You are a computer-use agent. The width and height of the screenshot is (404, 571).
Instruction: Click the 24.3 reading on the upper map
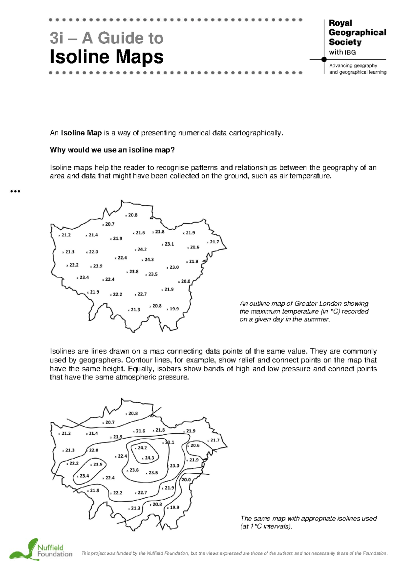pos(149,260)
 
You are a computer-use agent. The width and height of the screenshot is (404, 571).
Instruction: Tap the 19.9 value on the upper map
pos(174,309)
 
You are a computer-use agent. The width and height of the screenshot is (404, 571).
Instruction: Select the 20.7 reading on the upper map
pos(110,224)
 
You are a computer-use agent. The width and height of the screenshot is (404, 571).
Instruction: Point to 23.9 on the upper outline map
pos(98,266)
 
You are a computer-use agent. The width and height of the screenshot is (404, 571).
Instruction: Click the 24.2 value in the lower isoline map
pos(142,448)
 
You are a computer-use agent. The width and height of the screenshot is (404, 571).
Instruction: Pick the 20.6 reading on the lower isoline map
pos(195,445)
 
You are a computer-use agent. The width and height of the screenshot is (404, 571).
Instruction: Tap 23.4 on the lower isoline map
pos(84,476)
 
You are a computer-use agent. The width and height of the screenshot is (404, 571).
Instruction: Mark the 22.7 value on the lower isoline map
pos(142,493)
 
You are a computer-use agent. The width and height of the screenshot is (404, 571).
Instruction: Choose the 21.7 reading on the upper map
pos(214,242)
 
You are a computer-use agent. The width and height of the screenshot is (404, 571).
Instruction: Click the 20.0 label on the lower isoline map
pos(186,480)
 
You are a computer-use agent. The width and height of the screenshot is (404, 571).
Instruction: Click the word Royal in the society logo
pos(340,23)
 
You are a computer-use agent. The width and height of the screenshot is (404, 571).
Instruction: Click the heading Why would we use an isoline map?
pos(112,150)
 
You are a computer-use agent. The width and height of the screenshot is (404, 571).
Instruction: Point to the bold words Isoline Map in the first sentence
pos(81,133)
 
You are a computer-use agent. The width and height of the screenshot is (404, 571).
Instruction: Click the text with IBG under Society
pos(342,52)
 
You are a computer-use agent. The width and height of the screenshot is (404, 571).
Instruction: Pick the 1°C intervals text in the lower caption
pos(266,526)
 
